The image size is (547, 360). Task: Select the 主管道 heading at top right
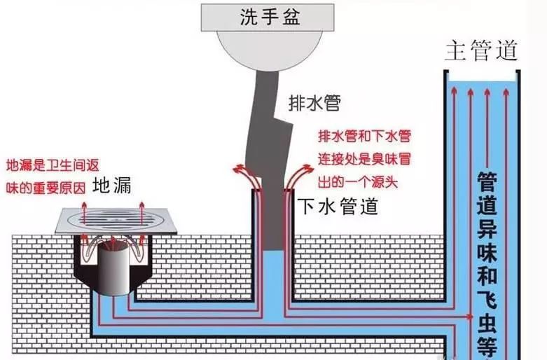pyautogui.click(x=481, y=51)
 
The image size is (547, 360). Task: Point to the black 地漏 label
pyautogui.click(x=112, y=186)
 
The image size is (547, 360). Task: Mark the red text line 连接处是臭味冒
pyautogui.click(x=364, y=160)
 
